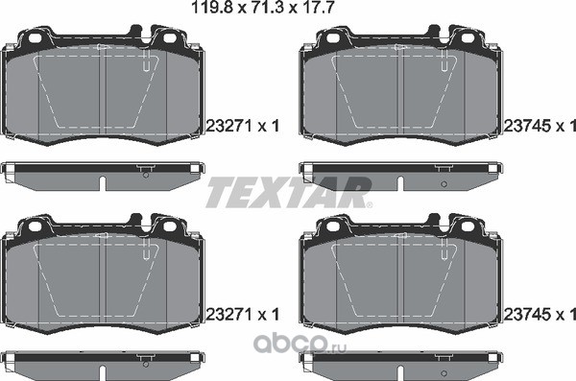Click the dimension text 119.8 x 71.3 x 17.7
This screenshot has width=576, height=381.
tap(263, 7)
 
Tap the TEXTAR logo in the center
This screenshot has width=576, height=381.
tap(288, 192)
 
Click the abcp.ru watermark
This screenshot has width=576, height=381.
tap(300, 344)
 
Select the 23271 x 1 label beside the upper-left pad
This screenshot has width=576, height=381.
tap(243, 126)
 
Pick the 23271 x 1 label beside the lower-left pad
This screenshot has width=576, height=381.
tap(243, 314)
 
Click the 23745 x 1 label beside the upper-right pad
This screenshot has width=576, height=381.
tap(540, 126)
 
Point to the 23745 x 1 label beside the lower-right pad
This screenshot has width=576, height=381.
tap(540, 314)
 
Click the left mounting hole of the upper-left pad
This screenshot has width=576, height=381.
tap(36, 37)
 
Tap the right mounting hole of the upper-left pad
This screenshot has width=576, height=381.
tap(170, 37)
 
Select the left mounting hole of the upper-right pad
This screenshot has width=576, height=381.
tap(333, 37)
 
